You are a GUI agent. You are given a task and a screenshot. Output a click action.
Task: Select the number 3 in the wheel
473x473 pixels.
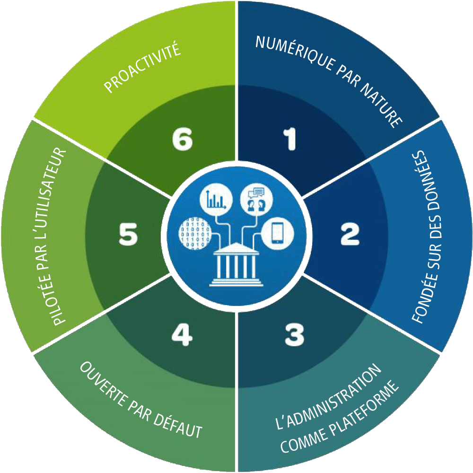tap(294, 335)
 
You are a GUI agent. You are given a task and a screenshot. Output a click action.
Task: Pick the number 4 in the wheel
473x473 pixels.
tap(182, 335)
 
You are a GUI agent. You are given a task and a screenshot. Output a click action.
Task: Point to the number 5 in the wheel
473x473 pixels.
tap(128, 235)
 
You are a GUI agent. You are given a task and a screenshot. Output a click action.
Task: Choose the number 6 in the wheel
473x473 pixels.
tap(182, 140)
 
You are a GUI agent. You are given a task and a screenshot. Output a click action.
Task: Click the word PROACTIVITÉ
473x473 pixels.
tap(142, 69)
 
